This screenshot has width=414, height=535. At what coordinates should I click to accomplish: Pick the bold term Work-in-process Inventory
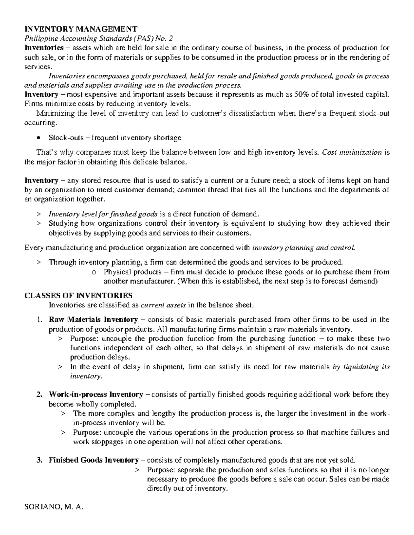[x=96, y=394]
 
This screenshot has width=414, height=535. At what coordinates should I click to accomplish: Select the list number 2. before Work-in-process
[x=39, y=394]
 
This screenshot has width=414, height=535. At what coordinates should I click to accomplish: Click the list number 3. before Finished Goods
[x=39, y=460]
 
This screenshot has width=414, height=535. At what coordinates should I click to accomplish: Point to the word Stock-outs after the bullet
[x=66, y=138]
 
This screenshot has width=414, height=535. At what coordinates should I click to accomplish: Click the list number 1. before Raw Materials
[x=39, y=320]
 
